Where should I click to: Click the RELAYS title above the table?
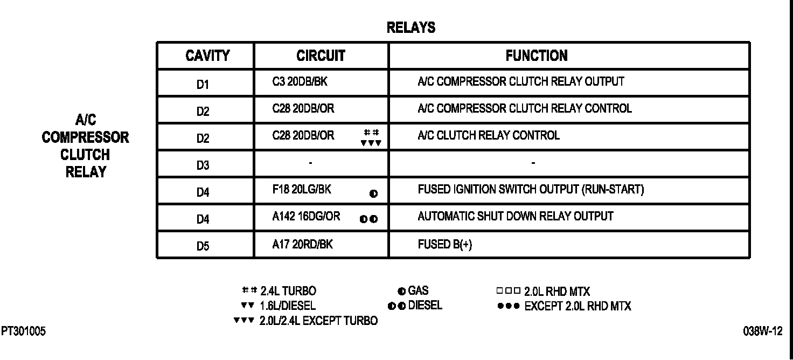point(411,28)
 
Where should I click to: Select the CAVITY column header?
point(207,56)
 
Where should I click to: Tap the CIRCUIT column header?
point(321,56)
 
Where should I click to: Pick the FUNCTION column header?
point(536,56)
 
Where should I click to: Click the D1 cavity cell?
point(203,85)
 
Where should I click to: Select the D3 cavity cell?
point(203,165)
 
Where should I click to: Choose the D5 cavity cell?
point(203,246)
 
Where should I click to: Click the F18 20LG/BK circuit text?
point(302,190)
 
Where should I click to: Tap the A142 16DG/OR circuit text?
point(306,217)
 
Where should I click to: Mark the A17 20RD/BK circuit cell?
point(302,244)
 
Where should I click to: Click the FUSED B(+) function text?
point(445,244)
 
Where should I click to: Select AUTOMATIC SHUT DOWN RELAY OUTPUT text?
point(515,217)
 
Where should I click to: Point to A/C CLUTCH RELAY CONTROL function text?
point(488,135)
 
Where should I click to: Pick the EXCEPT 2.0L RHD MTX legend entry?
point(577,306)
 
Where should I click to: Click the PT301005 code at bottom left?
point(23,331)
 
